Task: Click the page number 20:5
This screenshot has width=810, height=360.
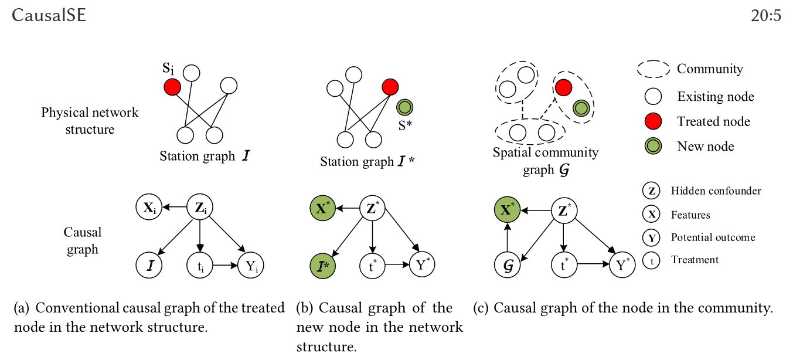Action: pyautogui.click(x=765, y=15)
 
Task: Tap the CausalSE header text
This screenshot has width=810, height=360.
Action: pyautogui.click(x=49, y=15)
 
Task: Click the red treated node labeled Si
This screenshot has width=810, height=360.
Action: pyautogui.click(x=172, y=88)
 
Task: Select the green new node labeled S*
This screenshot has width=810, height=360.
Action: pyautogui.click(x=404, y=107)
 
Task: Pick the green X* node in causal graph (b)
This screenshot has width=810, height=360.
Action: pyautogui.click(x=322, y=208)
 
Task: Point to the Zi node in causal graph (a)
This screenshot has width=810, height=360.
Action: pyautogui.click(x=200, y=207)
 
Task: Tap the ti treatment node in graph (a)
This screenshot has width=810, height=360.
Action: pyautogui.click(x=200, y=265)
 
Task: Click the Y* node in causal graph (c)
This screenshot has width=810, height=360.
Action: pyautogui.click(x=624, y=266)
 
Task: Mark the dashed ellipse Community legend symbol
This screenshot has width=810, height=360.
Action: pyautogui.click(x=654, y=69)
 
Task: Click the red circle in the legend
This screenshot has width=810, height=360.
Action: pyautogui.click(x=653, y=121)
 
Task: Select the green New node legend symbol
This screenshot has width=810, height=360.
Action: pyautogui.click(x=653, y=147)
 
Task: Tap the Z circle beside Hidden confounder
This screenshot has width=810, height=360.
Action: pyautogui.click(x=652, y=191)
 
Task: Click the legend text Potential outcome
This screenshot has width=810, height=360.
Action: pyautogui.click(x=713, y=237)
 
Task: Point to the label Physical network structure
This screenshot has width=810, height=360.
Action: pyautogui.click(x=90, y=120)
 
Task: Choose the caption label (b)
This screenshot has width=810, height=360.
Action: pyautogui.click(x=305, y=308)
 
